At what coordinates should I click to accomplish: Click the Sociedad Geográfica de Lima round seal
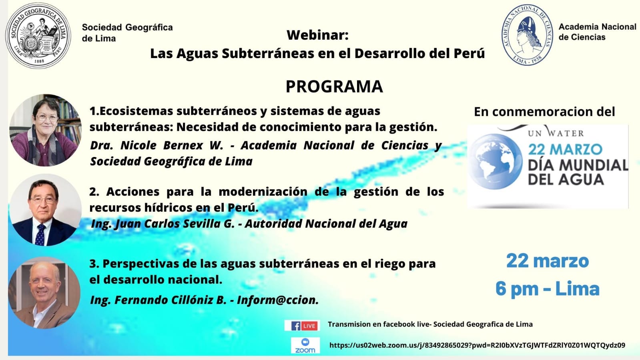38,36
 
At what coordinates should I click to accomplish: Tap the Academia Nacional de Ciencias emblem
527,34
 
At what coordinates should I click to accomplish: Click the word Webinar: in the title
317,35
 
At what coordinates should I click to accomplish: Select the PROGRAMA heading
334,86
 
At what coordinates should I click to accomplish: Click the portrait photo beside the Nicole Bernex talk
46,130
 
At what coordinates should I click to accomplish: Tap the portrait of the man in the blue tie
46,210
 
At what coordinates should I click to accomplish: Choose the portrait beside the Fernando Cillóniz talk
44,292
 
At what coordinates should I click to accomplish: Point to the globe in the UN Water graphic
496,161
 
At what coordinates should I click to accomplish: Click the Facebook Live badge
302,326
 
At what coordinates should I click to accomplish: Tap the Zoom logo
305,346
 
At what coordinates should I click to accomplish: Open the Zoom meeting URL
477,345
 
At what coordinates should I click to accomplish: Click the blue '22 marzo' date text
548,261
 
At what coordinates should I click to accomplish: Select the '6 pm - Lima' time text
548,288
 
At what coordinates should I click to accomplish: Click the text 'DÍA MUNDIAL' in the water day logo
578,165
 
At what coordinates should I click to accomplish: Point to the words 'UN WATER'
556,133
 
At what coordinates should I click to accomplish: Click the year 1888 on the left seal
39,61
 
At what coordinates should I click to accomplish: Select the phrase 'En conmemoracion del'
544,111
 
